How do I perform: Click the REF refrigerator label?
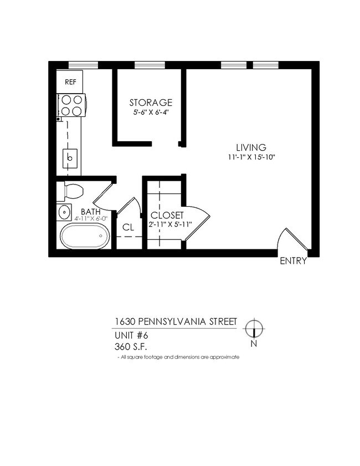click(70, 82)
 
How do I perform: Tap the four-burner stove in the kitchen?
click(71, 105)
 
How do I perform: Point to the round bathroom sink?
click(64, 212)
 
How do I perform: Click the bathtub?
click(85, 236)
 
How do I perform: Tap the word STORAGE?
click(151, 103)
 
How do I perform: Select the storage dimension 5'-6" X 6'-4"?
click(150, 112)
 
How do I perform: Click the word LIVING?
click(251, 147)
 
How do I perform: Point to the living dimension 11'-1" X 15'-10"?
click(251, 157)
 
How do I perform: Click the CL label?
click(128, 227)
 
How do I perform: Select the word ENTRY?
click(293, 262)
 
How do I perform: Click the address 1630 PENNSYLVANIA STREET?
click(176, 322)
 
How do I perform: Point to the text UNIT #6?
click(131, 335)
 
